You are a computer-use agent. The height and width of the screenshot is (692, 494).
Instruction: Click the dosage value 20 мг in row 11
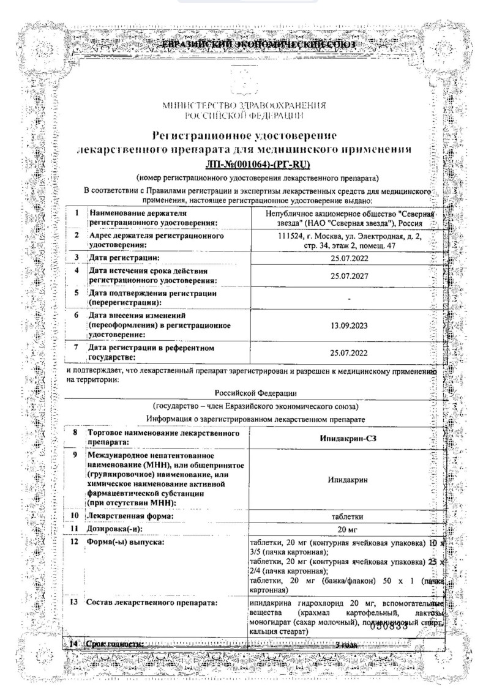pyautogui.click(x=346, y=529)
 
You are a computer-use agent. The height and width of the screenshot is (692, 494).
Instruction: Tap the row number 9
pyautogui.click(x=75, y=456)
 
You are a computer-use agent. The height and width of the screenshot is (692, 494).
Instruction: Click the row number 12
pyautogui.click(x=75, y=542)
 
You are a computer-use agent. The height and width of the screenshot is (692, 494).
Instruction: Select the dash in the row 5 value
pyautogui.click(x=348, y=299)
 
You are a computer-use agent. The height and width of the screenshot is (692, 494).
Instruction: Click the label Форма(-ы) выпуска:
pyautogui.click(x=126, y=542)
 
